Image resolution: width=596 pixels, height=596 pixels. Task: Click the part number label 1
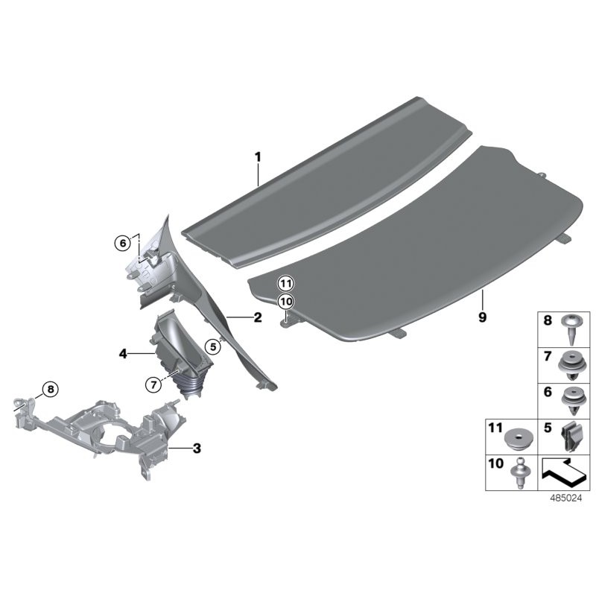[x=258, y=157]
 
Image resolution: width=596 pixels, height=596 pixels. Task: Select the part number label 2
[x=258, y=318]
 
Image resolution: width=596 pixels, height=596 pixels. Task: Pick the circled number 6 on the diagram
[x=121, y=242]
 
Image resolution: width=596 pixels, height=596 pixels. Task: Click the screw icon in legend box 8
[x=572, y=324]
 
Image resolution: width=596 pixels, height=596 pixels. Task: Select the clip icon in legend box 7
[x=572, y=364]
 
